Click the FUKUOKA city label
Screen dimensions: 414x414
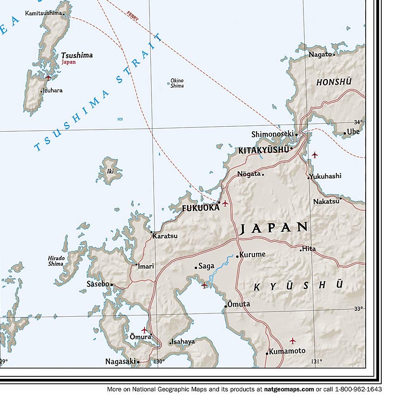[x=201, y=208]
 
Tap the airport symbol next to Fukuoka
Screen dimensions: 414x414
[x=225, y=203]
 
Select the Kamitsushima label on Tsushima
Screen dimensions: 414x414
[x=43, y=13]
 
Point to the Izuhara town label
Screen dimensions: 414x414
[x=53, y=90]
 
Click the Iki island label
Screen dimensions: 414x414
[x=110, y=171]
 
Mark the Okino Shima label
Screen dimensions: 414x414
[x=177, y=83]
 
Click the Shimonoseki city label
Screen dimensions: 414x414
[x=272, y=134]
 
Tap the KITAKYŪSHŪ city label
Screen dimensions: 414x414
[x=263, y=150]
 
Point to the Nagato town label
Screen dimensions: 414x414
[x=320, y=54]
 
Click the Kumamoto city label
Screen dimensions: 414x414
[x=287, y=351]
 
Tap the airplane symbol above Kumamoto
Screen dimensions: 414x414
[x=293, y=341]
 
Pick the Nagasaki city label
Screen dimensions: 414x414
[x=120, y=361]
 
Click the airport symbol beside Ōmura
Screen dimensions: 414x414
[x=144, y=330]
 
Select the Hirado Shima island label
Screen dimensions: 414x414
[x=56, y=261]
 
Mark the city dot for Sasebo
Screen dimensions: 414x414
[x=111, y=285]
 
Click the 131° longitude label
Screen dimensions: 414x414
[x=316, y=361]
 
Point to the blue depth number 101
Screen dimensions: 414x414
[x=120, y=119]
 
